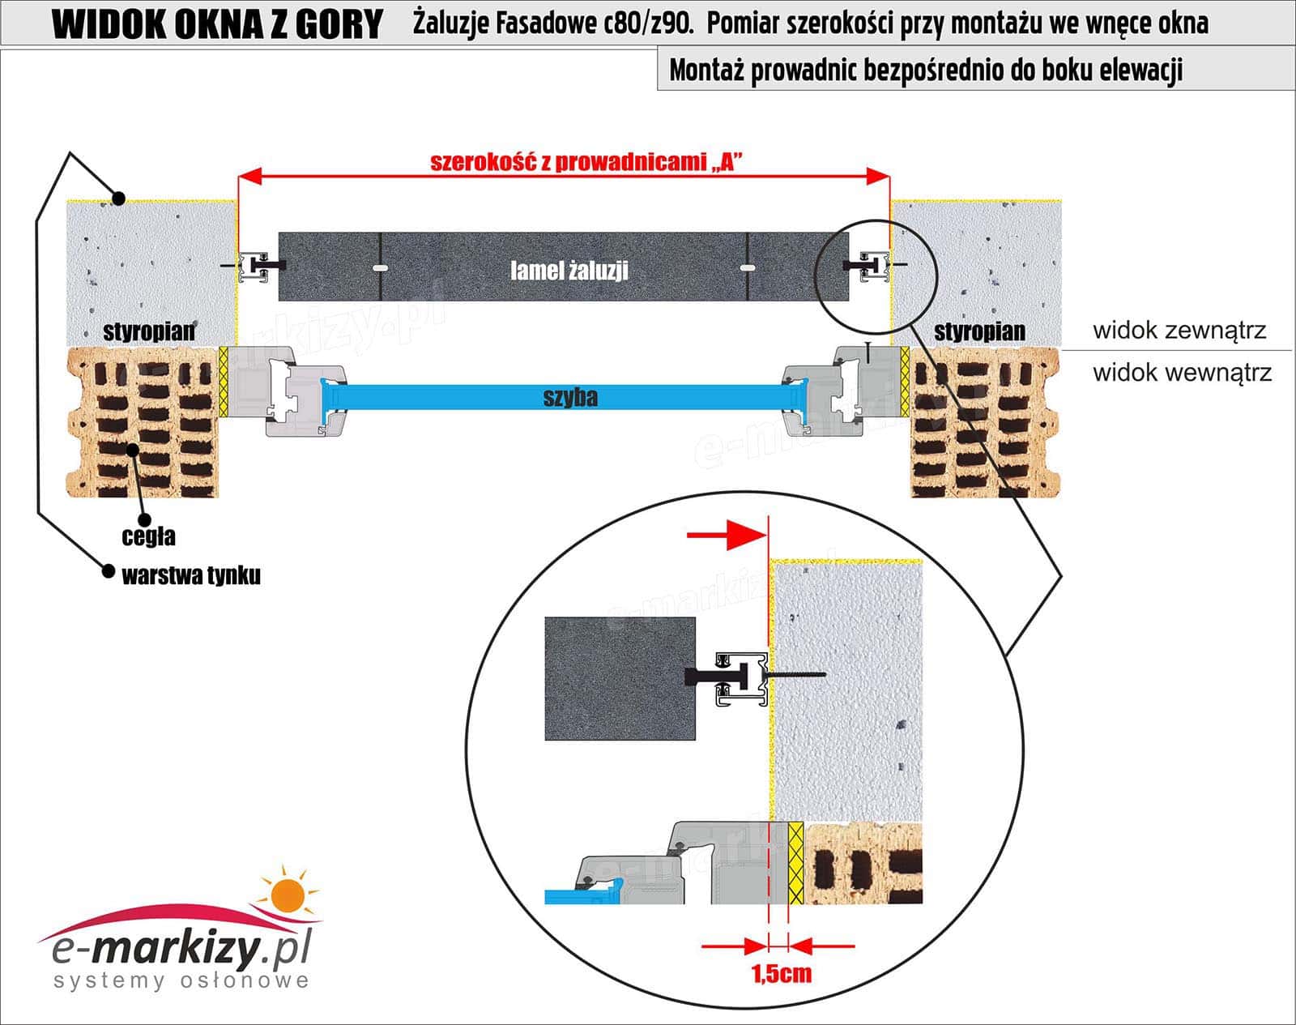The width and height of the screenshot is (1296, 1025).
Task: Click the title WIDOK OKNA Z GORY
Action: (216, 25)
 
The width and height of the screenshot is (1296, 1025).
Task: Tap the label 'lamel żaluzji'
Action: (569, 271)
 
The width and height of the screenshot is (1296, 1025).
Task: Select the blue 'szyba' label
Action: (570, 397)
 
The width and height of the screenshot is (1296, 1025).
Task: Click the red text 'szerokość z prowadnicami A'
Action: (586, 162)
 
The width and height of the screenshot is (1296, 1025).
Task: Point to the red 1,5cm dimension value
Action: (781, 973)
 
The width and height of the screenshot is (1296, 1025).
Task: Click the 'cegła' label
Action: (148, 536)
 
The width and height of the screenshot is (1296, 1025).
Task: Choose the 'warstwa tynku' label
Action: (191, 576)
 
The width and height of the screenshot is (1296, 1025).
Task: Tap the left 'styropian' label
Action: (149, 331)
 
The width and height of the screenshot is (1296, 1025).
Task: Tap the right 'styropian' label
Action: (979, 331)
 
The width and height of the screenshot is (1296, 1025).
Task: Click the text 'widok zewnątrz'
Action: (1179, 331)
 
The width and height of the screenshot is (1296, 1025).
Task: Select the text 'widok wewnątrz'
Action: (1182, 373)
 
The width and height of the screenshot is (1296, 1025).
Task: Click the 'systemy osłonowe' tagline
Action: (181, 981)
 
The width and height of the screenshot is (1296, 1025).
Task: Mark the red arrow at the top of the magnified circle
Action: (726, 535)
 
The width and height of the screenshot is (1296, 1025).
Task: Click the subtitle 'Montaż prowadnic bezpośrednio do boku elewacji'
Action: (926, 70)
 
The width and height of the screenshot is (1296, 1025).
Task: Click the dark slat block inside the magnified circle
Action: (620, 678)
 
